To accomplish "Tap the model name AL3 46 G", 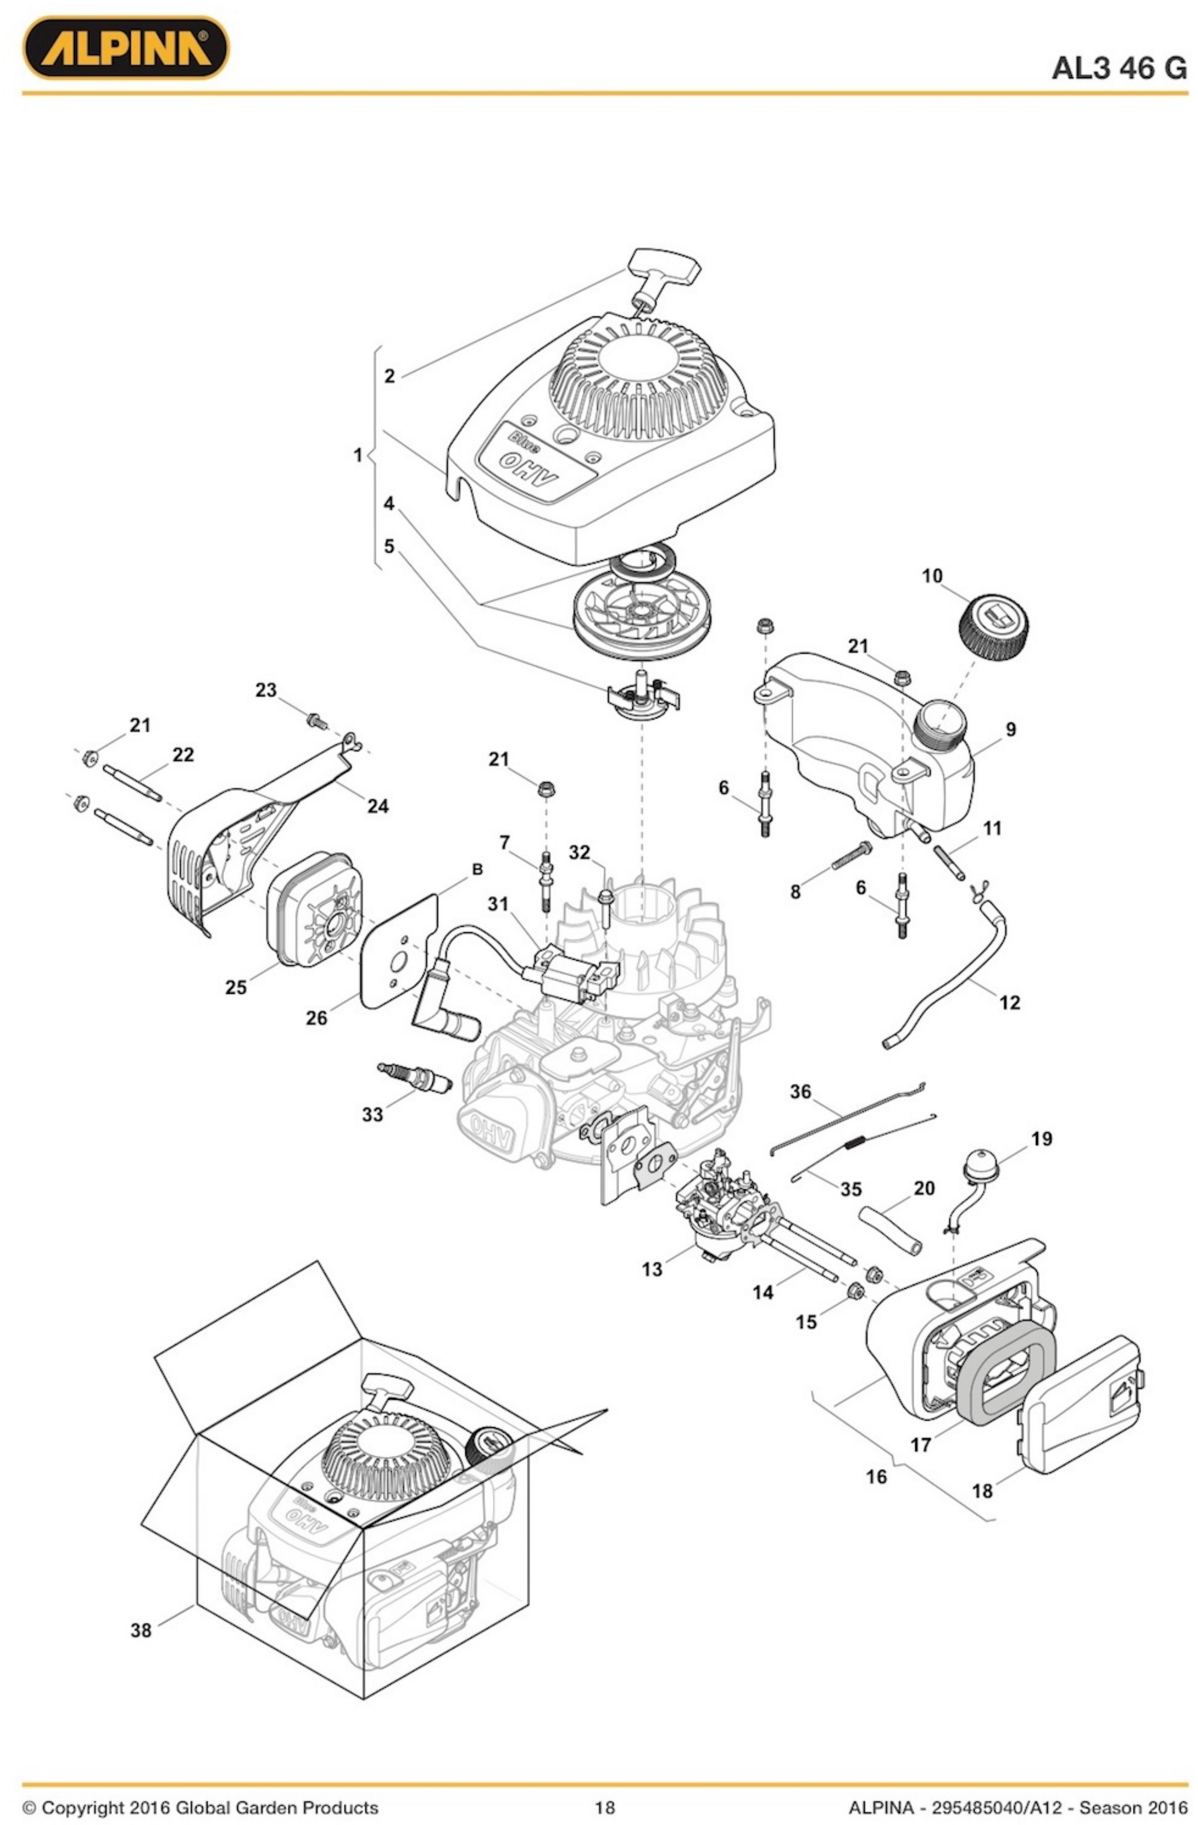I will [1118, 69].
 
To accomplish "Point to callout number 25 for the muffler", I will [235, 988].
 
